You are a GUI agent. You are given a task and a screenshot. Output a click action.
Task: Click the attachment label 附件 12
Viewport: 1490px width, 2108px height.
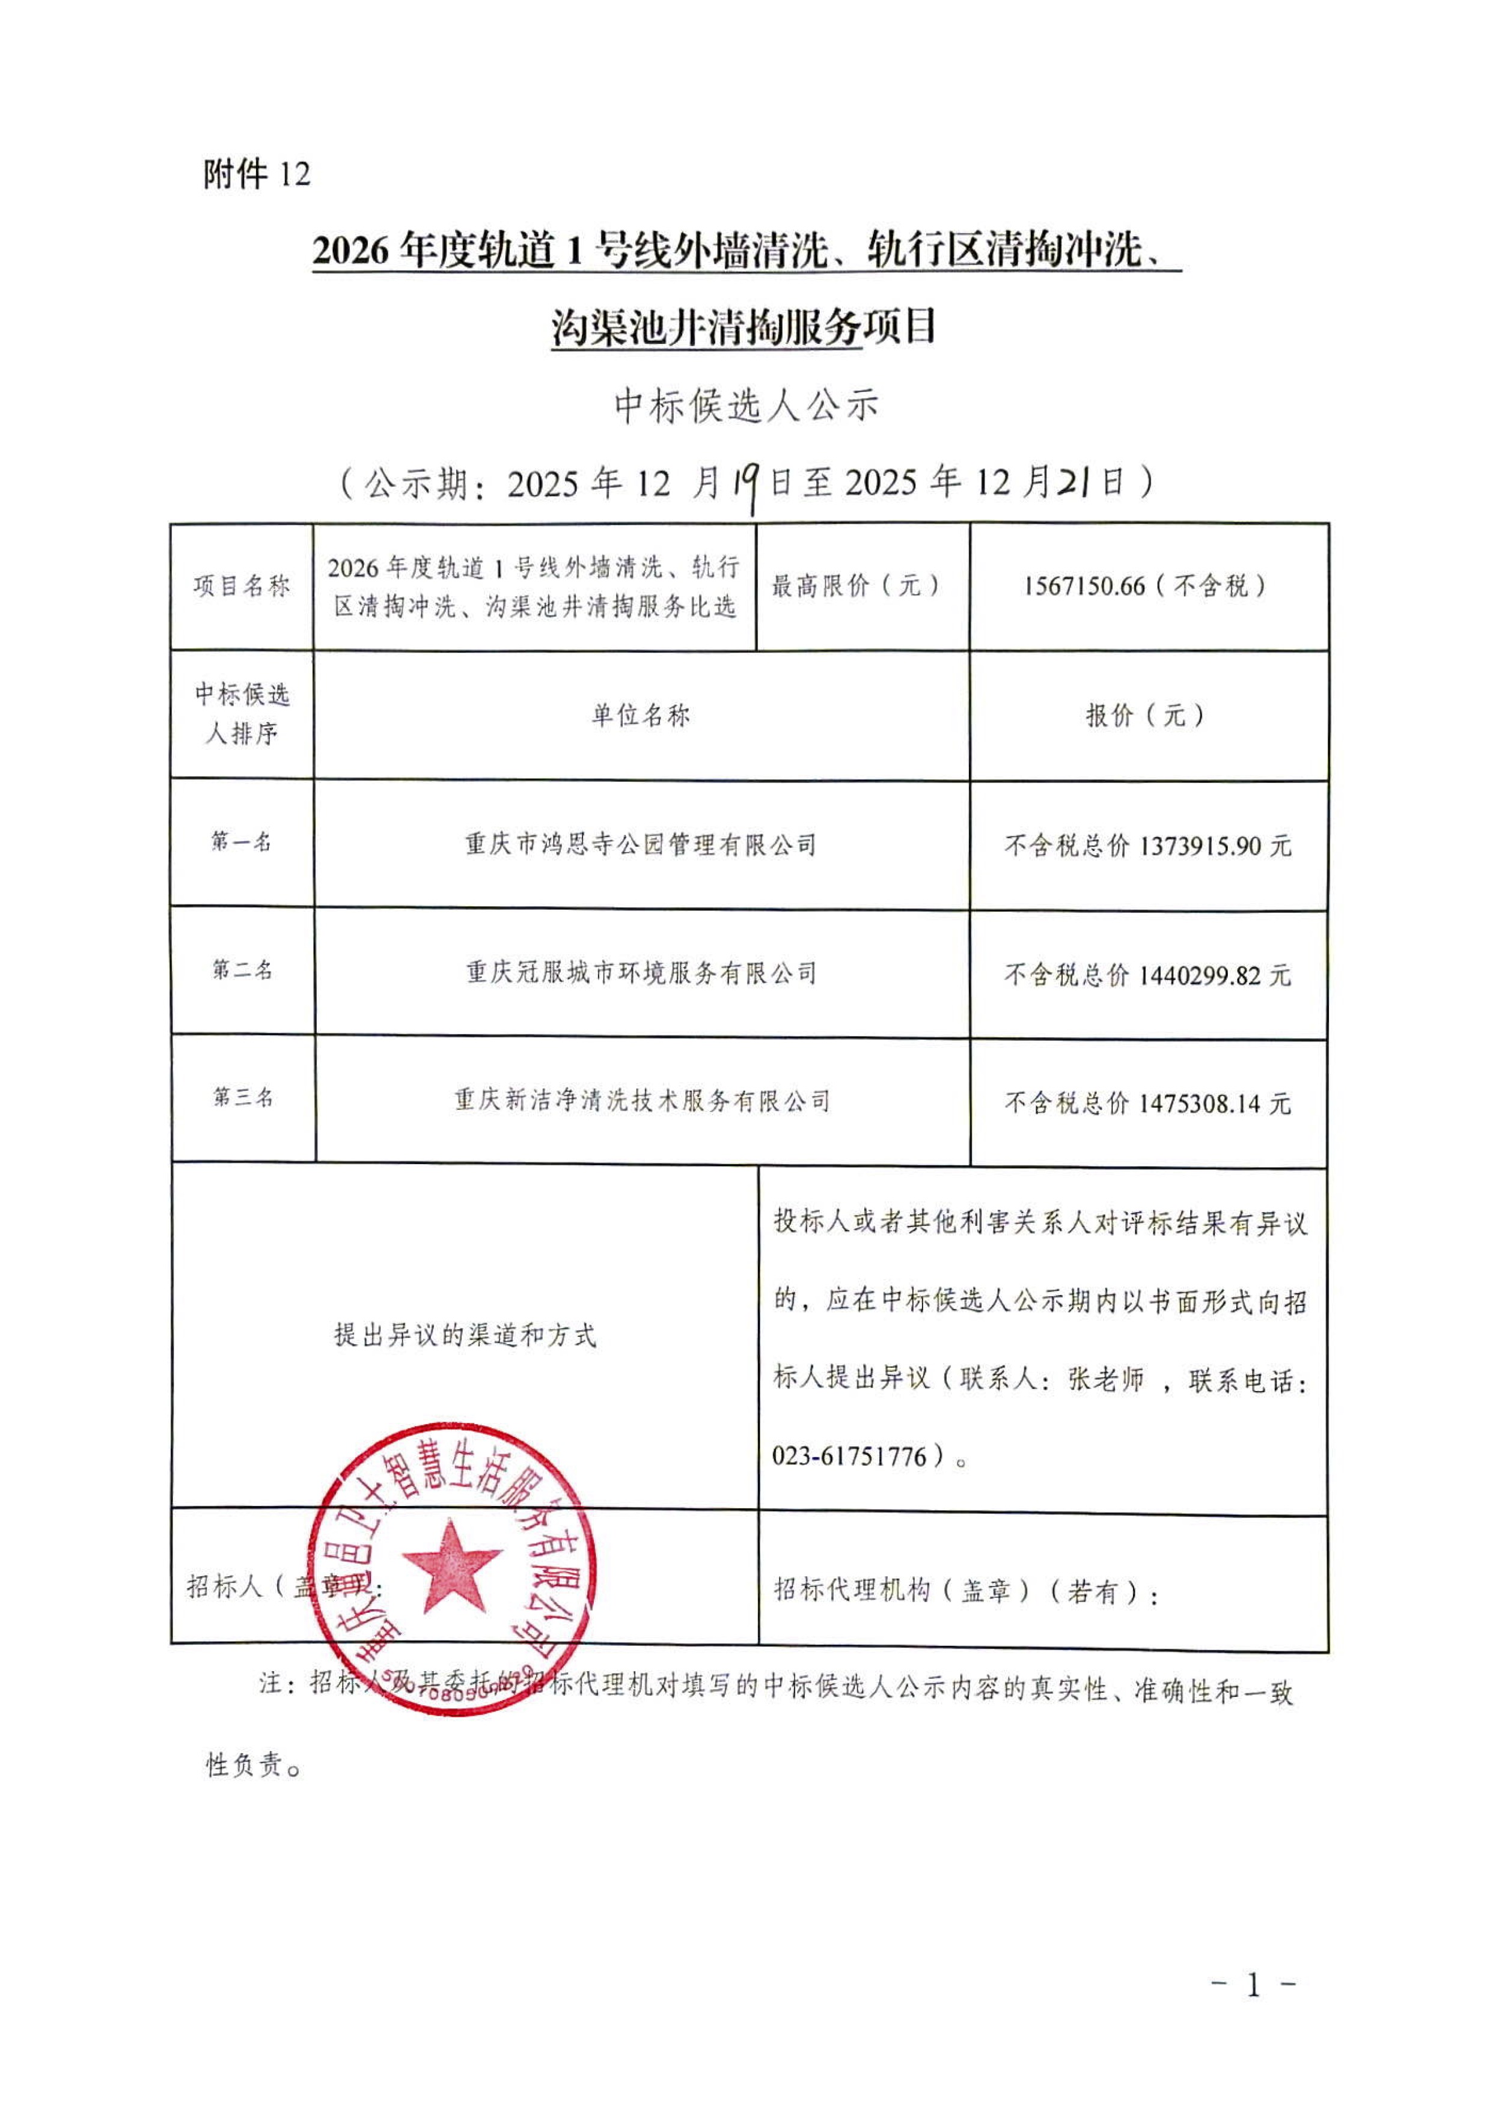coord(257,174)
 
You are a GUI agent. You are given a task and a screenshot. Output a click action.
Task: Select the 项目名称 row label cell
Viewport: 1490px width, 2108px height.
coord(242,586)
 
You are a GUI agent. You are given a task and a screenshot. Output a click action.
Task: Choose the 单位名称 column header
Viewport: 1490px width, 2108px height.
coord(641,715)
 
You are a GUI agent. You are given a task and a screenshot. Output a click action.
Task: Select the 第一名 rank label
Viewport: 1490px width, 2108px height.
coord(242,842)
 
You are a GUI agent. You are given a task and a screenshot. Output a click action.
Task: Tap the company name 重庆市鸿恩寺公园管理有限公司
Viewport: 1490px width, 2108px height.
coord(641,845)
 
